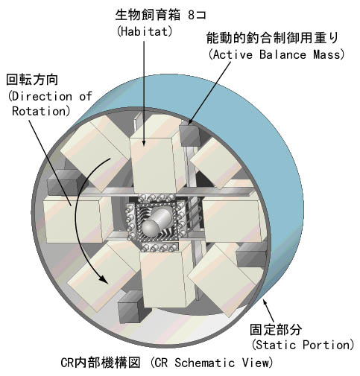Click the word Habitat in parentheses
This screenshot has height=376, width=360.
pyautogui.click(x=145, y=31)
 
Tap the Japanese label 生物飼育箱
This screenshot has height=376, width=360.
pyautogui.click(x=148, y=15)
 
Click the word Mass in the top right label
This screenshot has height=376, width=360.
pyautogui.click(x=326, y=54)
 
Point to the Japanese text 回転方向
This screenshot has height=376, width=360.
pyautogui.click(x=32, y=80)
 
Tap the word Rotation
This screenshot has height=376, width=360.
pyautogui.click(x=39, y=111)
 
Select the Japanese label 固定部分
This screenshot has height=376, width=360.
pyautogui.click(x=276, y=329)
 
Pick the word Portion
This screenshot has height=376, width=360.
pyautogui.click(x=326, y=345)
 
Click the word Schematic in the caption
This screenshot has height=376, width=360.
pyautogui.click(x=204, y=363)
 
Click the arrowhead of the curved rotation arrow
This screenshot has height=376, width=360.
pyautogui.click(x=104, y=280)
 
